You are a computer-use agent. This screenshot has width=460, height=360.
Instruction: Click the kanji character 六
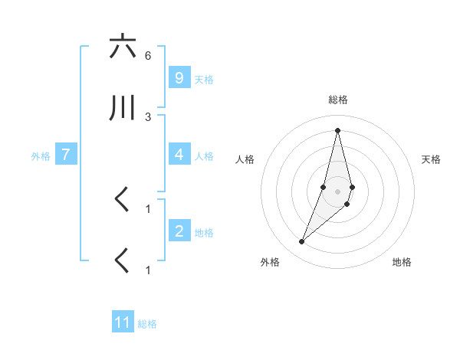[123, 47]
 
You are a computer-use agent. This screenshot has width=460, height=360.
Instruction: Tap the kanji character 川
[123, 109]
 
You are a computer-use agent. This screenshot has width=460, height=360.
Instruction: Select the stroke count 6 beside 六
[148, 55]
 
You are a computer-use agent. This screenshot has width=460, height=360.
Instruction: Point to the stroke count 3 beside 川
[148, 116]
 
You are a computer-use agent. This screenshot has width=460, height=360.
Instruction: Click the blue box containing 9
[179, 77]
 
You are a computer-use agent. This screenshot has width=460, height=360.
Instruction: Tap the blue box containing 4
[179, 155]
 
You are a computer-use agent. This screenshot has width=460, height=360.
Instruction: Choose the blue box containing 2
[179, 231]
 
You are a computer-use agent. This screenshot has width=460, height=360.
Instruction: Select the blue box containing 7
[66, 155]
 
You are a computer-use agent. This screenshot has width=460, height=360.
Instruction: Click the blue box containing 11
[123, 322]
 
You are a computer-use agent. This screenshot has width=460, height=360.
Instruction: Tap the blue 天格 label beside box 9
[204, 79]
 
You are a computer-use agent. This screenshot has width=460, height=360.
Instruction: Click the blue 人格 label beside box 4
[204, 156]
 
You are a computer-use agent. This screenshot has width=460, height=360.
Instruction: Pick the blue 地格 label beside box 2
[204, 233]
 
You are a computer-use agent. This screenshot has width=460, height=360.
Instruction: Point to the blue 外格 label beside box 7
[41, 156]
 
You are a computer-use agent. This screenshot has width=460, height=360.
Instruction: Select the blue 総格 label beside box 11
[147, 324]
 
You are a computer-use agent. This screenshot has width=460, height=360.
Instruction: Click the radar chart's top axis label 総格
[337, 100]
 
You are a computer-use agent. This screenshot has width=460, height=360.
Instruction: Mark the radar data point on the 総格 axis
[337, 129]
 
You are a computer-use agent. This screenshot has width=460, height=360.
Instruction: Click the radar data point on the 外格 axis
[301, 242]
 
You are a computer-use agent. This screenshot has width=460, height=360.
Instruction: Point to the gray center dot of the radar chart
[337, 191]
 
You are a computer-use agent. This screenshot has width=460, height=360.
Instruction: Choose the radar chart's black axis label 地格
[402, 262]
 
